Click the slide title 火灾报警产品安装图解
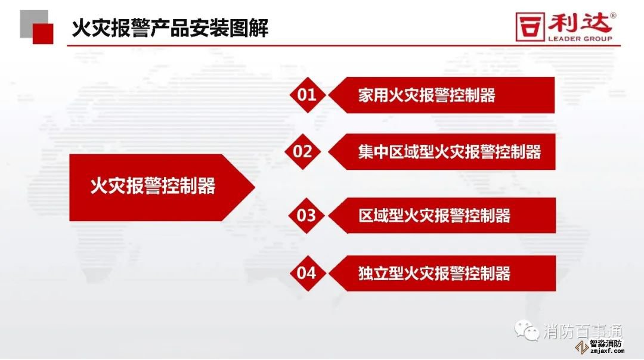click(170, 28)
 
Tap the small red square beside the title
click(43, 33)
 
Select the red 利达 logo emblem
click(530, 27)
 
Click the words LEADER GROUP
click(580, 39)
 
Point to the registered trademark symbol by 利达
click(613, 15)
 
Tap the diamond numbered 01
click(307, 95)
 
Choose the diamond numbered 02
click(303, 151)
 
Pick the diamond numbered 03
click(306, 216)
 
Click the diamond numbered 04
click(307, 273)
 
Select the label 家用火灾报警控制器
click(427, 95)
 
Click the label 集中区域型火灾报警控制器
click(450, 152)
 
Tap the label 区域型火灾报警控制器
click(434, 216)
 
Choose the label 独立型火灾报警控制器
click(434, 274)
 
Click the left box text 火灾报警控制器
click(153, 186)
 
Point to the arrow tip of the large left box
click(255, 187)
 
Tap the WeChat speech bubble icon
click(527, 330)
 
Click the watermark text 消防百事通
click(583, 331)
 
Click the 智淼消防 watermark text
click(606, 343)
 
